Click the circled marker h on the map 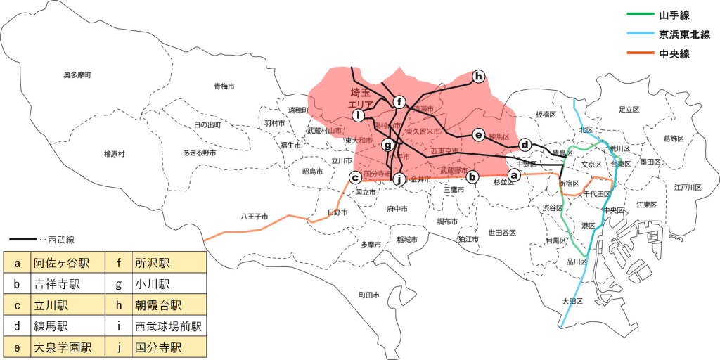478,76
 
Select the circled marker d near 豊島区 524,144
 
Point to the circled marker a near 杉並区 514,174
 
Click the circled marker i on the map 359,115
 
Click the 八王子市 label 255,216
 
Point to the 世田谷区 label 503,233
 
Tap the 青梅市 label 228,86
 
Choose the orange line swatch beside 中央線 638,53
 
